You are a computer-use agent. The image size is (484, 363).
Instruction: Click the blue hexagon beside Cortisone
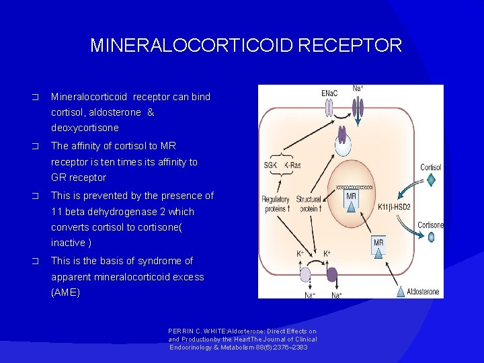(x=431, y=237)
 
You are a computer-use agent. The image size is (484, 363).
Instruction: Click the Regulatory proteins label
(x=276, y=204)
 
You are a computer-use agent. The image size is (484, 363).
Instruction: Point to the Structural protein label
(x=309, y=204)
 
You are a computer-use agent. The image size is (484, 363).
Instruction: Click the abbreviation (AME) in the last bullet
(x=65, y=292)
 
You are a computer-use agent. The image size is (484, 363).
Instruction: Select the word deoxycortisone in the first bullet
(x=85, y=128)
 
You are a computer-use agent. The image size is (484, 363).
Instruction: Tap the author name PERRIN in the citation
(x=182, y=331)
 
